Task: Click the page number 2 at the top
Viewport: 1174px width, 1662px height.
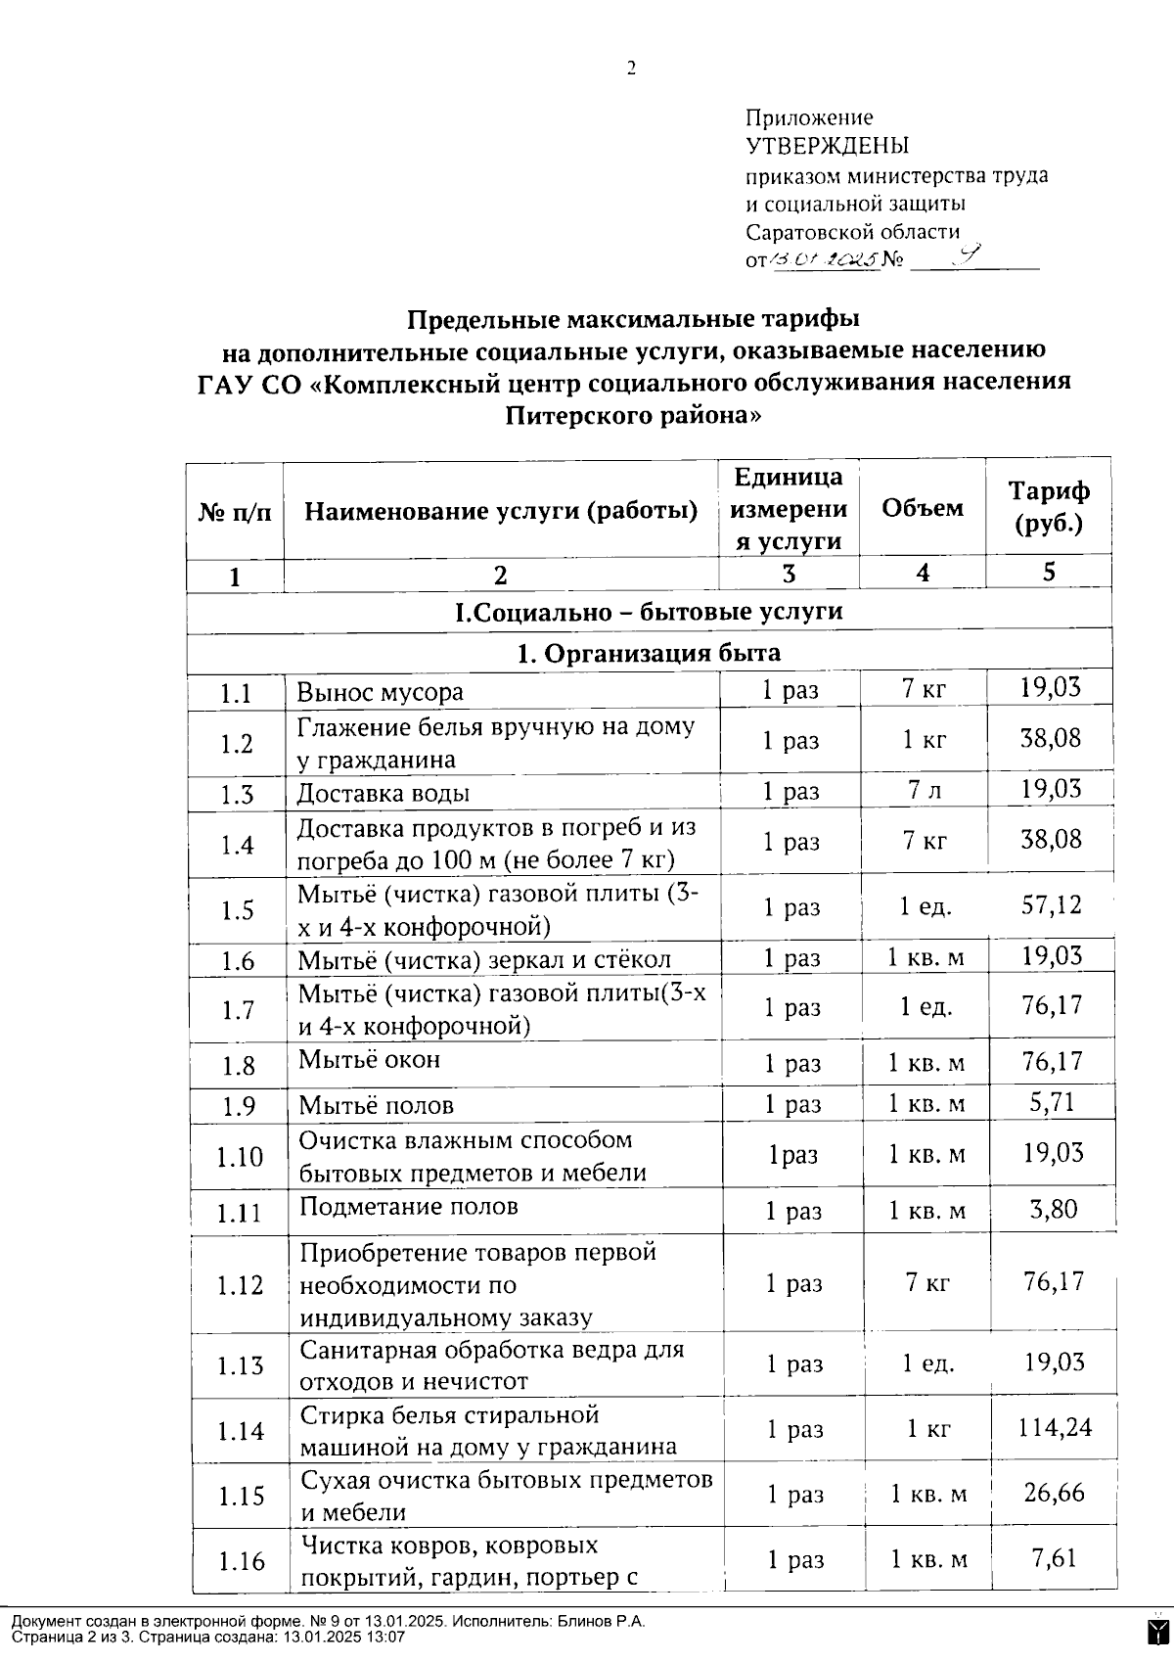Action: (631, 68)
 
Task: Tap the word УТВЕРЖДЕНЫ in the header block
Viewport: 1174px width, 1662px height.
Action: (828, 147)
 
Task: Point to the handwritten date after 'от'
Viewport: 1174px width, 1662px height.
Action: (824, 260)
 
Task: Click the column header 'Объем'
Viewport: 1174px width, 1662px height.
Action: (922, 508)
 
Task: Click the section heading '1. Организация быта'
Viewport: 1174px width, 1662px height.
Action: (649, 653)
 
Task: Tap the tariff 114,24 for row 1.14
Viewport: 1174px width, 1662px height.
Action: (1054, 1428)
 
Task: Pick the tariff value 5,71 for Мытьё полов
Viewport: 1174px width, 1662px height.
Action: (1052, 1102)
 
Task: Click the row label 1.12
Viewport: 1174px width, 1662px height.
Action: (240, 1284)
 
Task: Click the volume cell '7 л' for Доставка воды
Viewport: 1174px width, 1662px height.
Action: (924, 790)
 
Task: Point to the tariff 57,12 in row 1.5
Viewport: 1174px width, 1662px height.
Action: (1052, 903)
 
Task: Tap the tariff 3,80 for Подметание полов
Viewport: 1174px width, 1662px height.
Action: (1053, 1209)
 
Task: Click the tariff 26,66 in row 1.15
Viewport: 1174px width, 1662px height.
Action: (1054, 1493)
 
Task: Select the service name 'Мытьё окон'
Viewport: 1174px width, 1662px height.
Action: (369, 1060)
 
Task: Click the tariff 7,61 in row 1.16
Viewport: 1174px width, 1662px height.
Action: (1054, 1557)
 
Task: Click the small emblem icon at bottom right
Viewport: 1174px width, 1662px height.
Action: (1157, 1631)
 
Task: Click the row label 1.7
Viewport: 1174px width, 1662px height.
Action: (238, 1009)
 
